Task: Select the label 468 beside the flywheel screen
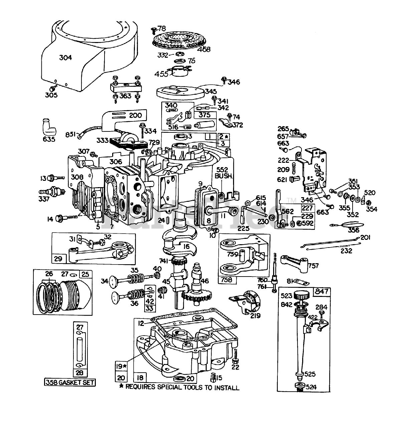tap(203, 49)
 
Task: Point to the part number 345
tap(211, 91)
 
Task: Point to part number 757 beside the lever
tap(314, 266)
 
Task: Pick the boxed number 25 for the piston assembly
tap(85, 274)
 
